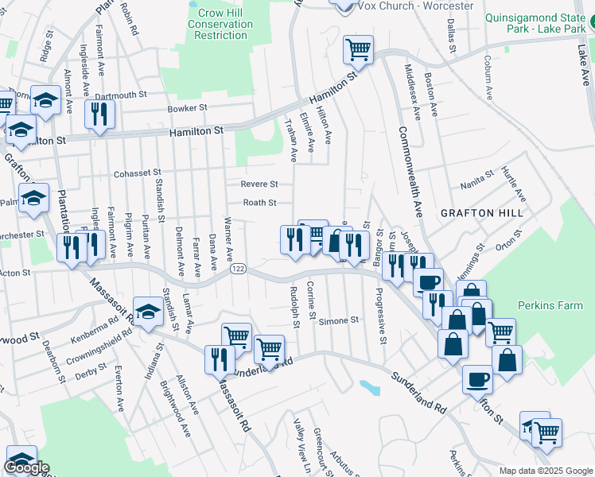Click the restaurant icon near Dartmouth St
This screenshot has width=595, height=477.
[100, 113]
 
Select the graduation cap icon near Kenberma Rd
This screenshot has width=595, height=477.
[147, 311]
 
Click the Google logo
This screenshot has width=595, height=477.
[26, 467]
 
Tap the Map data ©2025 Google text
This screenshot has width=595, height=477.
[545, 471]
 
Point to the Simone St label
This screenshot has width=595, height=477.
[339, 320]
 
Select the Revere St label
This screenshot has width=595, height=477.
[259, 184]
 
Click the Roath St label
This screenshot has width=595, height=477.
[259, 203]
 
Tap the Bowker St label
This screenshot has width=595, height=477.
[187, 108]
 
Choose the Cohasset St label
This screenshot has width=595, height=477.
[137, 172]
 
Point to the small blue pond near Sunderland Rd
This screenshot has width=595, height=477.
[368, 388]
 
